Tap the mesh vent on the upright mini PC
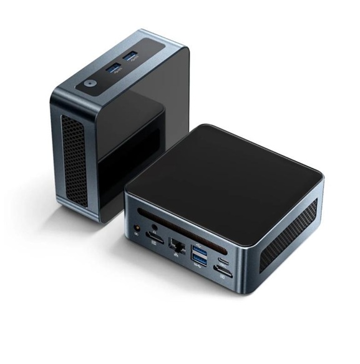(74, 159)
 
